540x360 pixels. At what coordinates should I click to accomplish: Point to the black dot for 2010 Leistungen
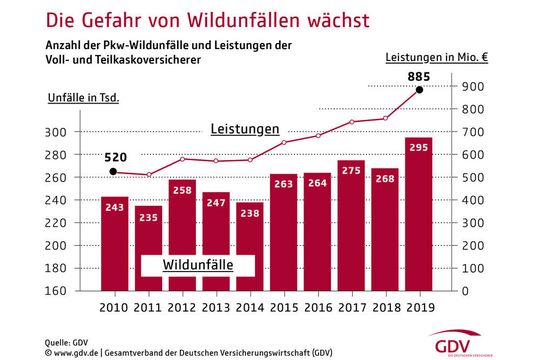coord(113,172)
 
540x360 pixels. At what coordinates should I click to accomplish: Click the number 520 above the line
coord(114,156)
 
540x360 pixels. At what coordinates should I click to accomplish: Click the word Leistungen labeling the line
coord(244,130)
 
